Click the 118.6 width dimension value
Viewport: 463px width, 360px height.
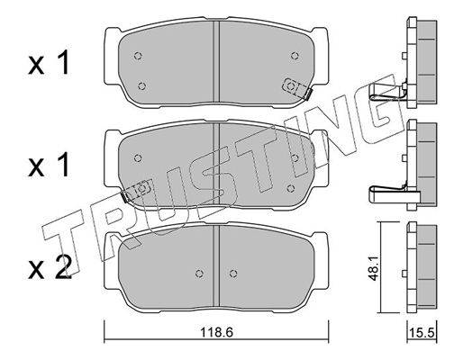[216, 332]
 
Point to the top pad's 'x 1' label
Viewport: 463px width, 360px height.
[50, 63]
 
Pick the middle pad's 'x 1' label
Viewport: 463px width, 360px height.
[50, 165]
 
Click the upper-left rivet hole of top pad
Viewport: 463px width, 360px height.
[138, 56]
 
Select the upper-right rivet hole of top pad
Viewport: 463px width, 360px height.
[295, 56]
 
